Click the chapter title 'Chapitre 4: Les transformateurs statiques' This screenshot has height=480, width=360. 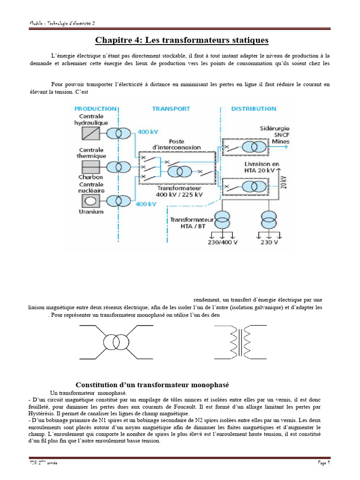[x=182, y=40]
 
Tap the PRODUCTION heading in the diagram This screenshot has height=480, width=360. [x=96, y=109]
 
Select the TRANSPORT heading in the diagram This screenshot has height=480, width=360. [x=171, y=109]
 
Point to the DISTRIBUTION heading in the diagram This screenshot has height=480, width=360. [x=254, y=109]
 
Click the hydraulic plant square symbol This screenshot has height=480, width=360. [x=90, y=134]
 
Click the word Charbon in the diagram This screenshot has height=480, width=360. [x=90, y=178]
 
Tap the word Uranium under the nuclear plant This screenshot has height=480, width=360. [x=90, y=212]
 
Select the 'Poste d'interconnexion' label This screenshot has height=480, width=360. [x=177, y=144]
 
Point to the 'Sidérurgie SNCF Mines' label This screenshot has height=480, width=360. [x=274, y=135]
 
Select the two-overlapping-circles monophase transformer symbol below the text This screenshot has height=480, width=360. [x=115, y=342]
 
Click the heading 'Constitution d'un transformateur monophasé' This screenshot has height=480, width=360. [x=152, y=385]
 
